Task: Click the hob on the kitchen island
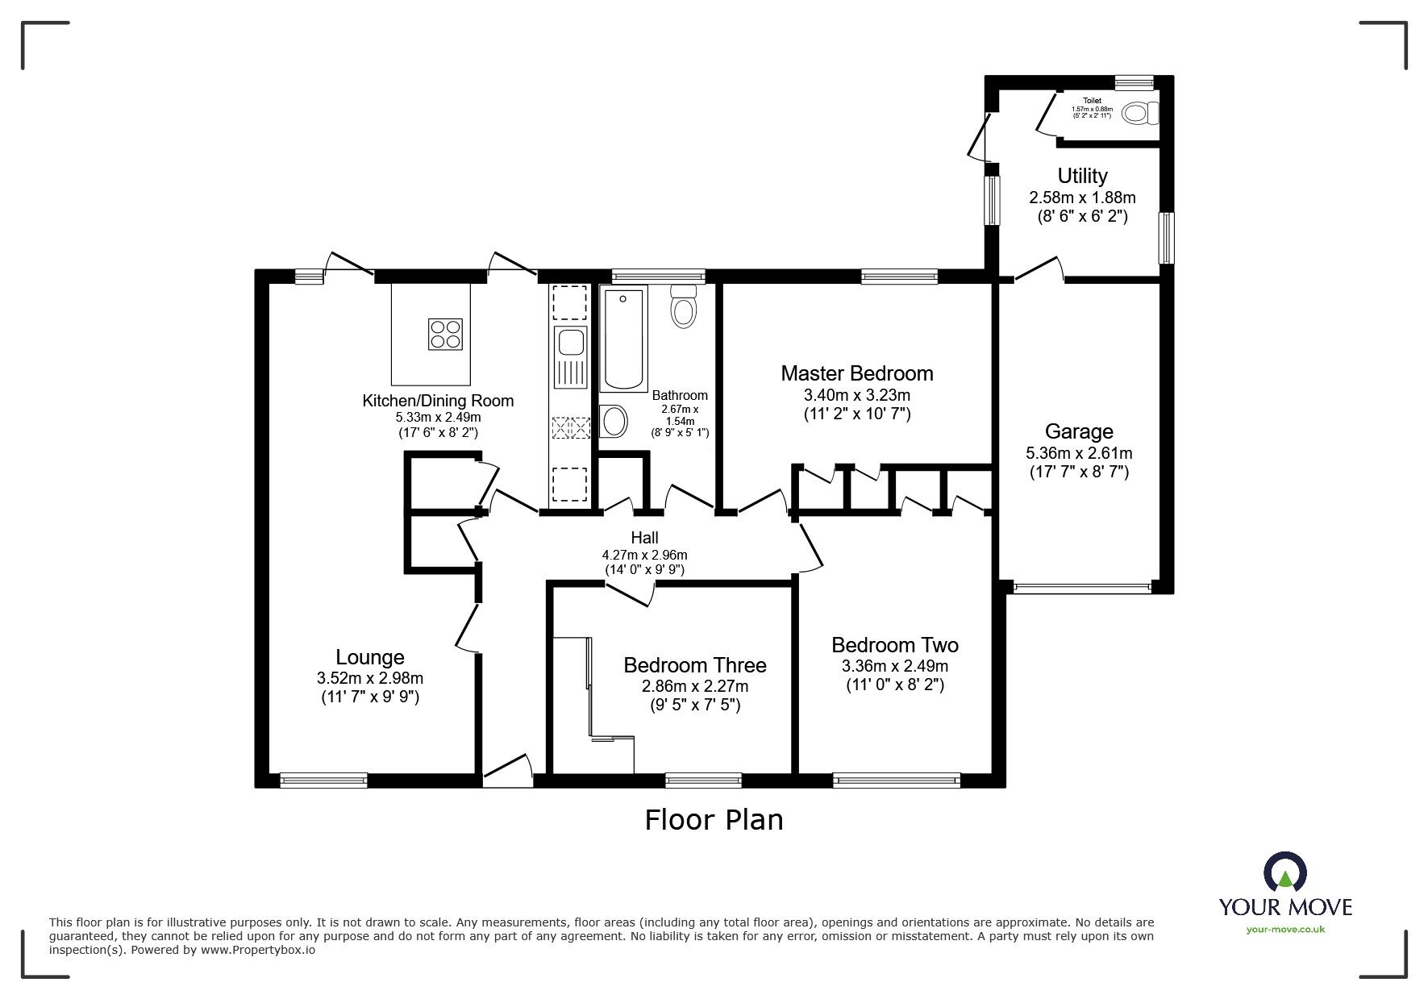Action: pos(445,334)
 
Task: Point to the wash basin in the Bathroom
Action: pos(614,420)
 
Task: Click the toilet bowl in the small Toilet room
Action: pos(1139,113)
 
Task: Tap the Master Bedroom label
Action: pos(856,373)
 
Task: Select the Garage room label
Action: pos(1078,431)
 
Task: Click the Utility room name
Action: pos(1082,176)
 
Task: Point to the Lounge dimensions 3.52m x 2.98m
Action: pos(369,678)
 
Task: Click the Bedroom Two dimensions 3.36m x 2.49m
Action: pos(894,666)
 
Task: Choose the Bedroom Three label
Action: pos(694,665)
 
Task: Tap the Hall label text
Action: pos(644,538)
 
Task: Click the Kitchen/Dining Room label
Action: pos(437,401)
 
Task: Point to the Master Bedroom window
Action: pos(899,277)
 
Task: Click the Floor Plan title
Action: pos(714,820)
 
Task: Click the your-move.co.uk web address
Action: pos(1285,930)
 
